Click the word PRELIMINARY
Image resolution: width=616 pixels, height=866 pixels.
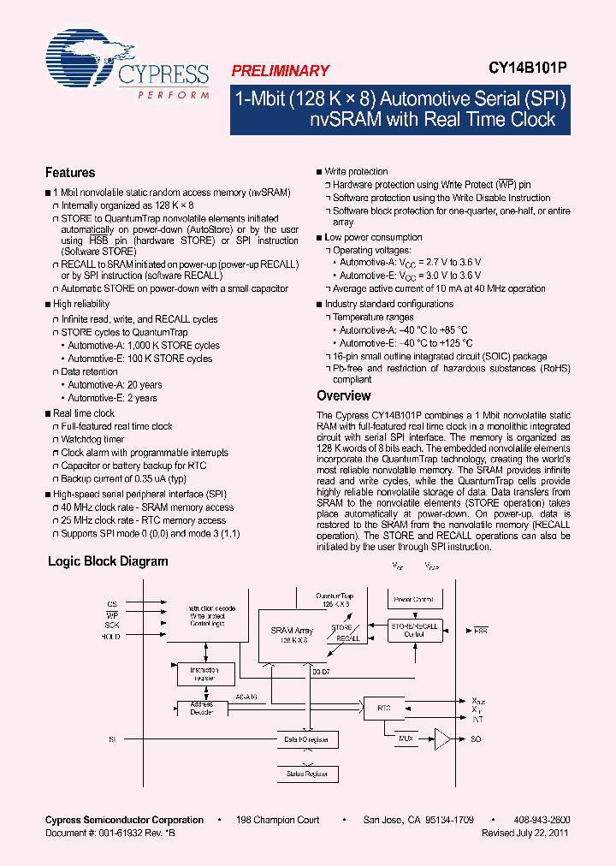point(280,71)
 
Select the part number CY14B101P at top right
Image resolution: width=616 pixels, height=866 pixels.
point(529,71)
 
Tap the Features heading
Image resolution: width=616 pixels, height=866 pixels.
point(70,172)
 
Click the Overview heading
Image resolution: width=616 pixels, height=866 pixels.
point(344,395)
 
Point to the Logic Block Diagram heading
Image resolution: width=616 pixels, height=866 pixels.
point(108,561)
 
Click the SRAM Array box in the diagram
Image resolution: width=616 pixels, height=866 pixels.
point(290,635)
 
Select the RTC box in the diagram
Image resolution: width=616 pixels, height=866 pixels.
point(383,708)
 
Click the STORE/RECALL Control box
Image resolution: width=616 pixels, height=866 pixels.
point(414,630)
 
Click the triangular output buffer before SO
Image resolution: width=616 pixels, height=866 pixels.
point(442,738)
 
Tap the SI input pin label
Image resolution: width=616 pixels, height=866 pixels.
point(111,738)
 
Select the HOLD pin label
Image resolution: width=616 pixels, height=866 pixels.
point(110,637)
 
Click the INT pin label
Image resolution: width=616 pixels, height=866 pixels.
point(477,719)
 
